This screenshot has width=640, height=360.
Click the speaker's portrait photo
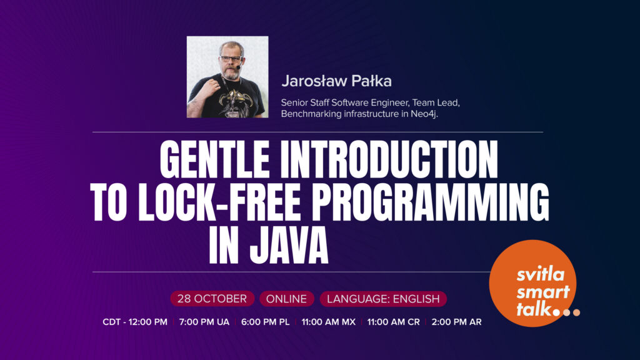click(x=227, y=77)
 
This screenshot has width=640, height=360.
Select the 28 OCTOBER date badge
click(x=212, y=299)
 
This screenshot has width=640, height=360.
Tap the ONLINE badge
click(x=286, y=299)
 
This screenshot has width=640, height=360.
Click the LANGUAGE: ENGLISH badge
click(x=383, y=299)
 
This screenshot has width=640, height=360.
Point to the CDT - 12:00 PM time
click(x=135, y=322)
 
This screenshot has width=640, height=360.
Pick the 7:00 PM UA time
click(x=204, y=322)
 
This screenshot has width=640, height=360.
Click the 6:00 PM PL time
click(x=265, y=322)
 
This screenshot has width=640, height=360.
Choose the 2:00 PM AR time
click(x=456, y=322)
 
